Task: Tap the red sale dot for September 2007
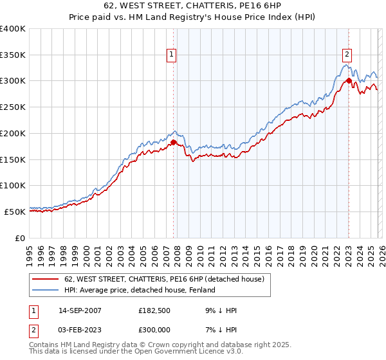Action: tap(173, 142)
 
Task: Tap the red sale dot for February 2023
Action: tap(348, 80)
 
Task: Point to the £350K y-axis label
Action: tap(13, 55)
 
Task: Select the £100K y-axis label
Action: tap(13, 185)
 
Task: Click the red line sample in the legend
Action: tap(46, 280)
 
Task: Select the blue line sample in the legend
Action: tap(46, 291)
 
